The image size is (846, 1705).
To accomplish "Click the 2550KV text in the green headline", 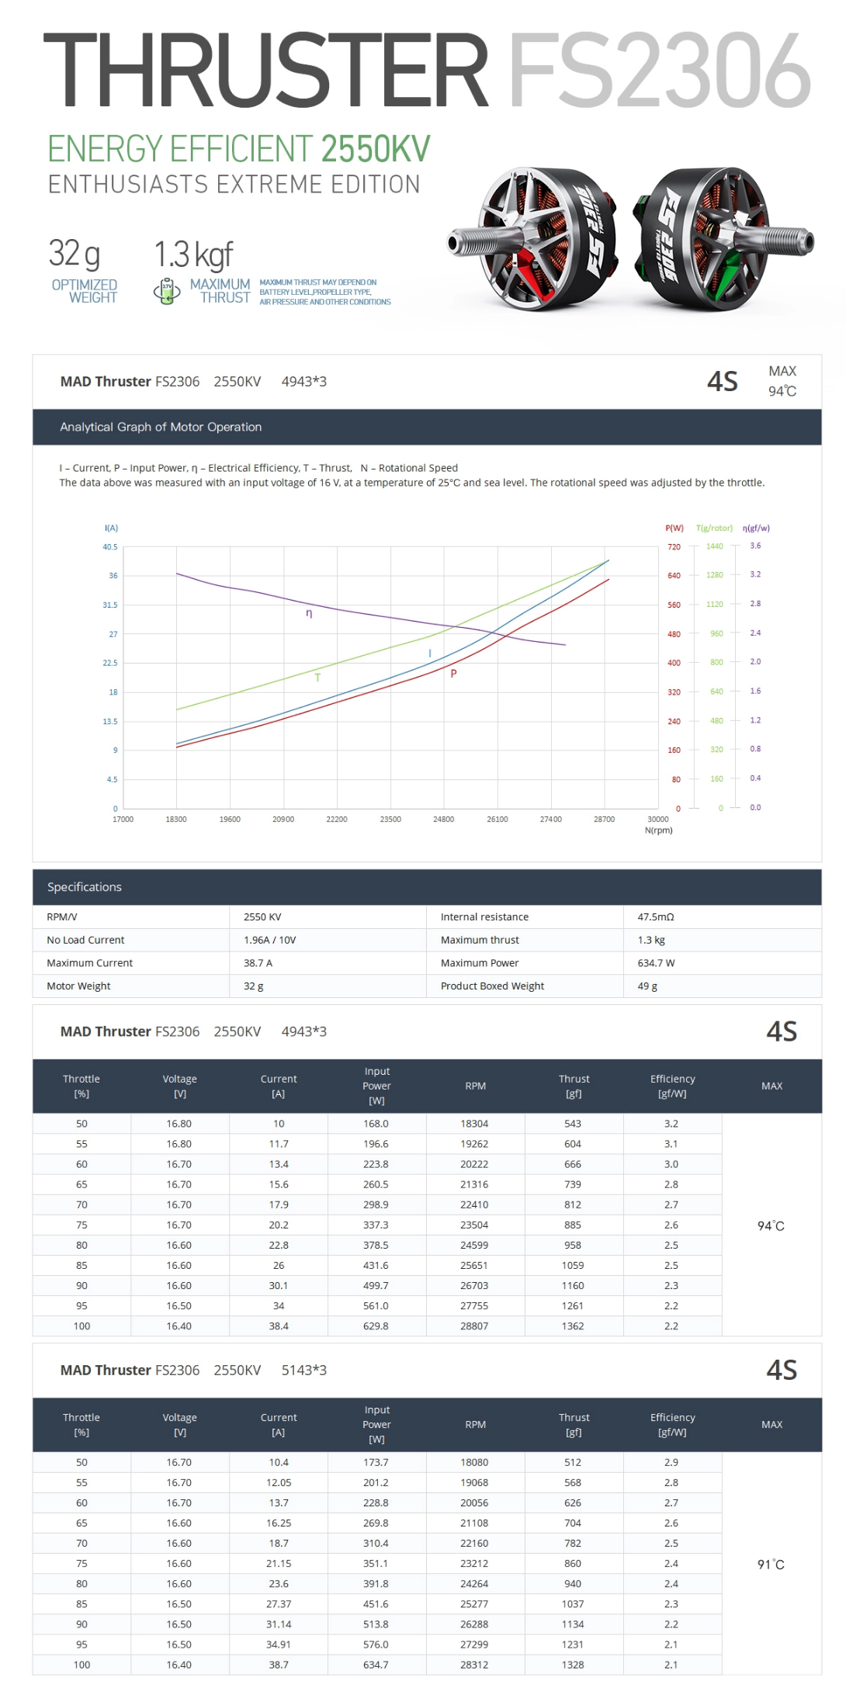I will (375, 149).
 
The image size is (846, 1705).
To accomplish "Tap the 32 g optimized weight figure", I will (75, 254).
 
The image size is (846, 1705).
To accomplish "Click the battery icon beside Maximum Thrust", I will (167, 291).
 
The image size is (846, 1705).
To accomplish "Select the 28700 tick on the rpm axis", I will (604, 820).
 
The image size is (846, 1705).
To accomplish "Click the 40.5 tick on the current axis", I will (110, 547).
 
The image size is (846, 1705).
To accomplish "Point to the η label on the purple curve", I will (309, 613).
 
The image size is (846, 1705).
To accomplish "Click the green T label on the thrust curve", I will (317, 677).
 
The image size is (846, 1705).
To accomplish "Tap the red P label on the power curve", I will (453, 674).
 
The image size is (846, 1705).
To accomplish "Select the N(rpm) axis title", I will (658, 830).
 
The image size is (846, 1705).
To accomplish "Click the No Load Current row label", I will (85, 940).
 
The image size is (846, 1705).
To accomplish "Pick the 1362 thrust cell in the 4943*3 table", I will (573, 1326).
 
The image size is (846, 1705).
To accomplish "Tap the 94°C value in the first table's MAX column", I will (771, 1226).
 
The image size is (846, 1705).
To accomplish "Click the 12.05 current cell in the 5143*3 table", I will (279, 1483).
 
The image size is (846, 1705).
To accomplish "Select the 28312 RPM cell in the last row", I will (474, 1665).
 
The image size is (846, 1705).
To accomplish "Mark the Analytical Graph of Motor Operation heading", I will (161, 427).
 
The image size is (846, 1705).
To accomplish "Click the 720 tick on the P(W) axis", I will (674, 547).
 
